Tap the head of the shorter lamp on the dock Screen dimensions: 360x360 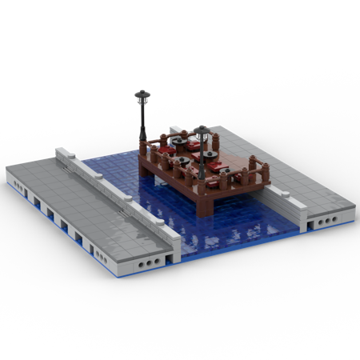201,130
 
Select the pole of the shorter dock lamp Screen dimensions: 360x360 202,156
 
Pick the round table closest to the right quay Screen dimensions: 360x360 221,164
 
